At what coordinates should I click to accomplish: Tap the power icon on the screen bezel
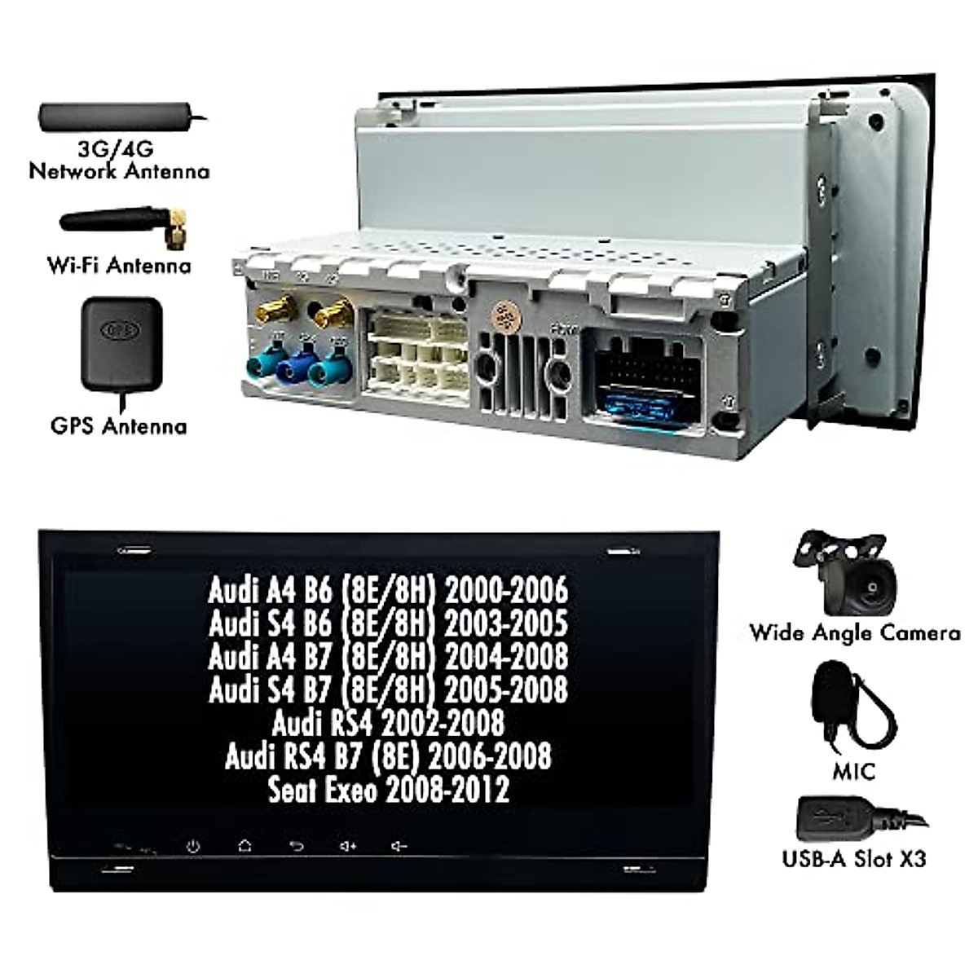coord(193,846)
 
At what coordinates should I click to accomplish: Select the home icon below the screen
coord(244,846)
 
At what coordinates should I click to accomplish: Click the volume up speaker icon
coord(348,846)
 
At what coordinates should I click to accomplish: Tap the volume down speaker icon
coord(399,846)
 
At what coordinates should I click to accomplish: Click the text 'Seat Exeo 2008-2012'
coord(389,789)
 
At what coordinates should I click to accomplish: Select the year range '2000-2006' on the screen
coord(505,588)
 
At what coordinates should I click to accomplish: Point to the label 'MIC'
coord(853,769)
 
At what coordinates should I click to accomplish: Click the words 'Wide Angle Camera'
coord(854,633)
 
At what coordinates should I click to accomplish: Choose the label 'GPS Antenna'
coord(118,425)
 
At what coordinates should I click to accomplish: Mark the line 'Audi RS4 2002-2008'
coord(389,722)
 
